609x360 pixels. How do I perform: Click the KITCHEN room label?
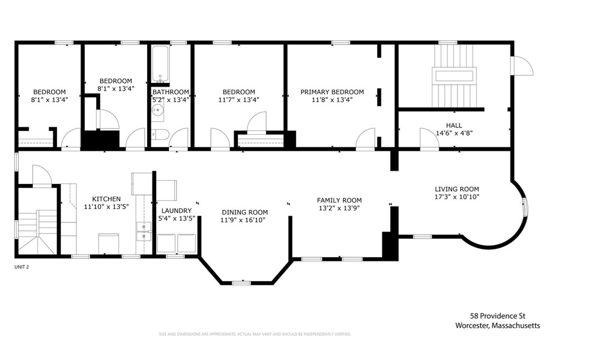[x=106, y=199]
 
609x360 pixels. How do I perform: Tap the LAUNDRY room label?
[x=176, y=210]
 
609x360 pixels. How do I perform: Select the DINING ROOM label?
[x=244, y=212]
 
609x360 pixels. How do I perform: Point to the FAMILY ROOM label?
[x=339, y=201]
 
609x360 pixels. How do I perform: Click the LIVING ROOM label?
[x=457, y=189]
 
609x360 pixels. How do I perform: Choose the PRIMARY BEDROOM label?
[x=332, y=92]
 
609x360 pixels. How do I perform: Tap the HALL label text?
[x=445, y=125]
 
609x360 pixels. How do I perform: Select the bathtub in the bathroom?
[x=160, y=64]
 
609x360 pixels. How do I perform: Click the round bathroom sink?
[x=158, y=111]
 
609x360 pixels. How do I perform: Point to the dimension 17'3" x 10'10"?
[x=457, y=197]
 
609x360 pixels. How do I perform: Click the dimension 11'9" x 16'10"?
[x=244, y=220]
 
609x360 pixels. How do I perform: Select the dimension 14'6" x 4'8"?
[x=445, y=133]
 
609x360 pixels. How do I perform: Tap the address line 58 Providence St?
[x=497, y=316]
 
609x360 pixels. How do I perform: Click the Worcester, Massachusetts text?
[x=497, y=325]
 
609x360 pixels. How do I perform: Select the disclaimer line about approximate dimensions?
[x=254, y=334]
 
